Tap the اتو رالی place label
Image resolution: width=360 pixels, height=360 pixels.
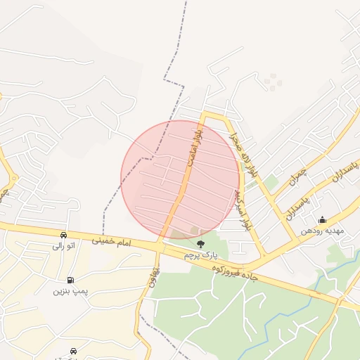(63, 246)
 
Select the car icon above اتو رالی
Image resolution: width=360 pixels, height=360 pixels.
(63, 235)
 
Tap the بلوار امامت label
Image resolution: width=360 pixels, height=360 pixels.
(194, 149)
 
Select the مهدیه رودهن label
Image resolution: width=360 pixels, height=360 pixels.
(321, 231)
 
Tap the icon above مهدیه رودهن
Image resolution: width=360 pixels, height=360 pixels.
(322, 219)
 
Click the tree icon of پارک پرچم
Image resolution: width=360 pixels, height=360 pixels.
(202, 244)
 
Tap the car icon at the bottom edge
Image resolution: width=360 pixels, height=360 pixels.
(74, 349)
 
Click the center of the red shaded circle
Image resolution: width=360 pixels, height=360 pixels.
(180, 180)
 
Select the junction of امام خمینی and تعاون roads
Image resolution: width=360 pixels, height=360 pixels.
(160, 247)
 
